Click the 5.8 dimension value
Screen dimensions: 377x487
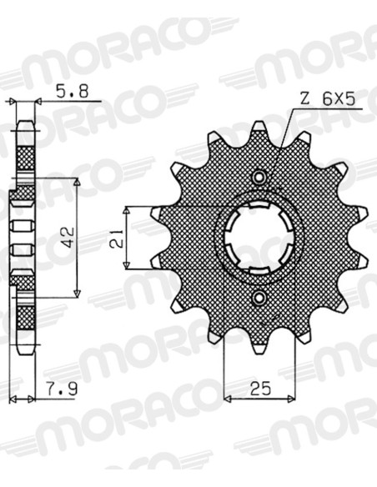72,92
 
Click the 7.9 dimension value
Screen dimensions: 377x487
62,389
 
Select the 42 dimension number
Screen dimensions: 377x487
68,238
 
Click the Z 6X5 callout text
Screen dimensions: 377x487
328,99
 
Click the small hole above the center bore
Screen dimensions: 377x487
259,178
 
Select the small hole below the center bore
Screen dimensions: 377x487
259,298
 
